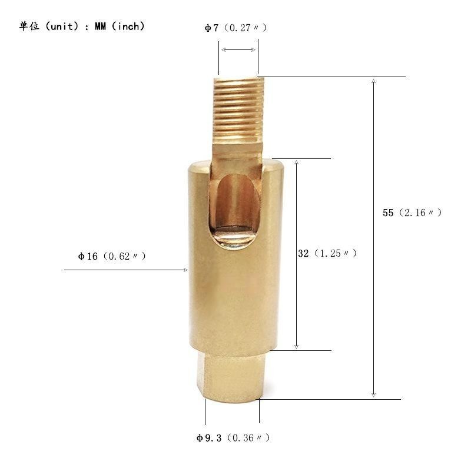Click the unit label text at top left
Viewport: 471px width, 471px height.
[x=81, y=26]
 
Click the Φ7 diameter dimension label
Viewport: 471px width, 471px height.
[x=235, y=28]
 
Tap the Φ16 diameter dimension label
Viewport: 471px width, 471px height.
[x=112, y=256]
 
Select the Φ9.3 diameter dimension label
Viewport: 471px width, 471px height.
[x=233, y=438]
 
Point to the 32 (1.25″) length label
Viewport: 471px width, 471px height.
[x=327, y=253]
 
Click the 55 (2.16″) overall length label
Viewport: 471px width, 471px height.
[x=412, y=213]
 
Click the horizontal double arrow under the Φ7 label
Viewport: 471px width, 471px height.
[x=238, y=50]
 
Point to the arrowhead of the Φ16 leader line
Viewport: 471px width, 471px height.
[x=185, y=270]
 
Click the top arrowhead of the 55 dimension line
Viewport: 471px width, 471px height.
[x=373, y=81]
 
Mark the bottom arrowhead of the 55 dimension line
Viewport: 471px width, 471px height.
[x=373, y=395]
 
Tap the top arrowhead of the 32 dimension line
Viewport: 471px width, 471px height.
[x=296, y=162]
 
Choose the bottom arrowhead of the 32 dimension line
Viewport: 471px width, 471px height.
[x=296, y=347]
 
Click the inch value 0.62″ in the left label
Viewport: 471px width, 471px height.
[x=124, y=256]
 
